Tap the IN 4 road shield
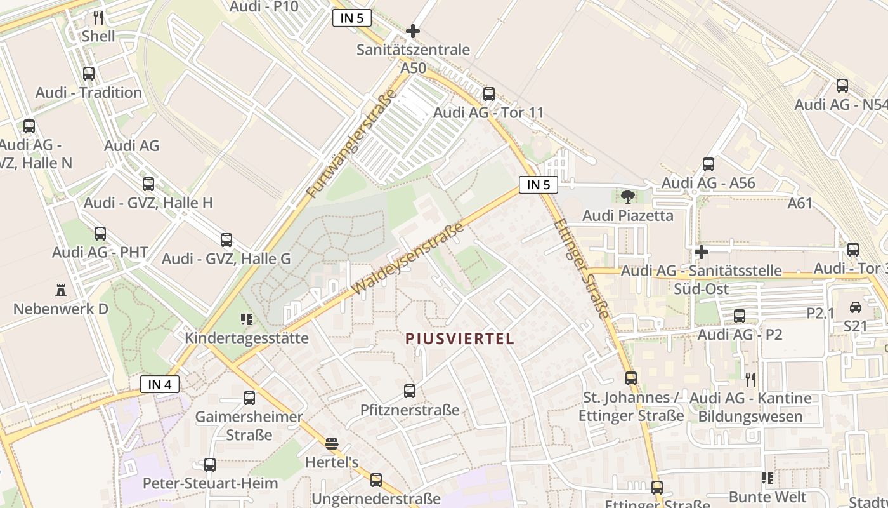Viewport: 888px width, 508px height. click(x=160, y=384)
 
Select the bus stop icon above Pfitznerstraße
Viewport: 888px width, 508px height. click(x=410, y=391)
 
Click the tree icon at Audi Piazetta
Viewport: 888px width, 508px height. click(x=628, y=196)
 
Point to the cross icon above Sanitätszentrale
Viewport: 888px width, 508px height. click(x=413, y=30)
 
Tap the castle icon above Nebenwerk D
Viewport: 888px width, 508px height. click(x=61, y=290)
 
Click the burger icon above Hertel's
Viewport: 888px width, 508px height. click(x=332, y=443)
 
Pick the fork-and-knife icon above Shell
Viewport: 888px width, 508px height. click(x=98, y=17)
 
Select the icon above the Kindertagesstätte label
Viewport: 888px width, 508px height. click(x=247, y=319)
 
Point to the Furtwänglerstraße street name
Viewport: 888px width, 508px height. click(x=351, y=143)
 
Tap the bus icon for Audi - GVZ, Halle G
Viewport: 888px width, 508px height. click(x=226, y=240)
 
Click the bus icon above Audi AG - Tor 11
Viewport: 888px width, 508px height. click(x=489, y=94)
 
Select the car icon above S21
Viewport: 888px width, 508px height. click(x=855, y=307)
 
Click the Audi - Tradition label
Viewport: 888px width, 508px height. click(x=89, y=93)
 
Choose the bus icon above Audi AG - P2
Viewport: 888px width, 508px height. click(x=740, y=316)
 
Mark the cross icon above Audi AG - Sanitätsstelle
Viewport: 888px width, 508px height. click(x=701, y=252)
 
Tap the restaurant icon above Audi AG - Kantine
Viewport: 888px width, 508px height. click(x=750, y=380)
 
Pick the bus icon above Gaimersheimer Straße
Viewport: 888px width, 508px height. click(x=249, y=398)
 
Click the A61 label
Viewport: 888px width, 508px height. click(x=800, y=204)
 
